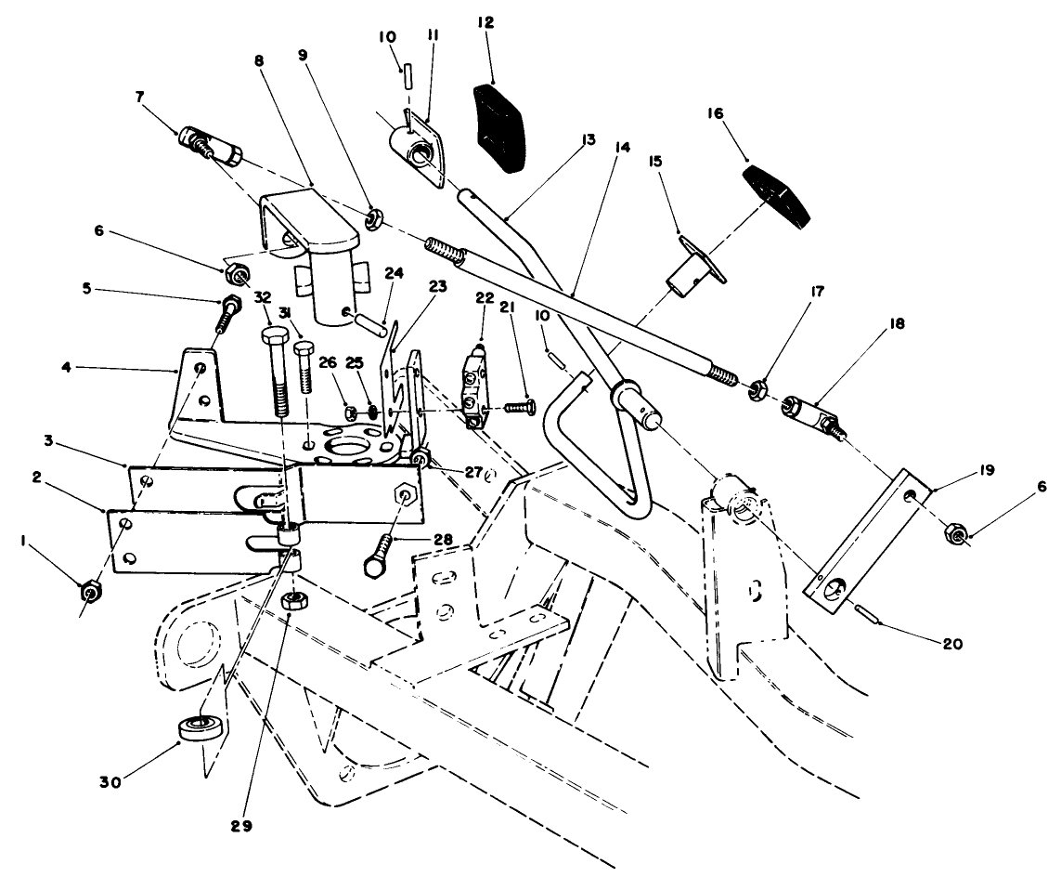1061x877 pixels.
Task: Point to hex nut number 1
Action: pyautogui.click(x=91, y=591)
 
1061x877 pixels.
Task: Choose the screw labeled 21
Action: pyautogui.click(x=520, y=406)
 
